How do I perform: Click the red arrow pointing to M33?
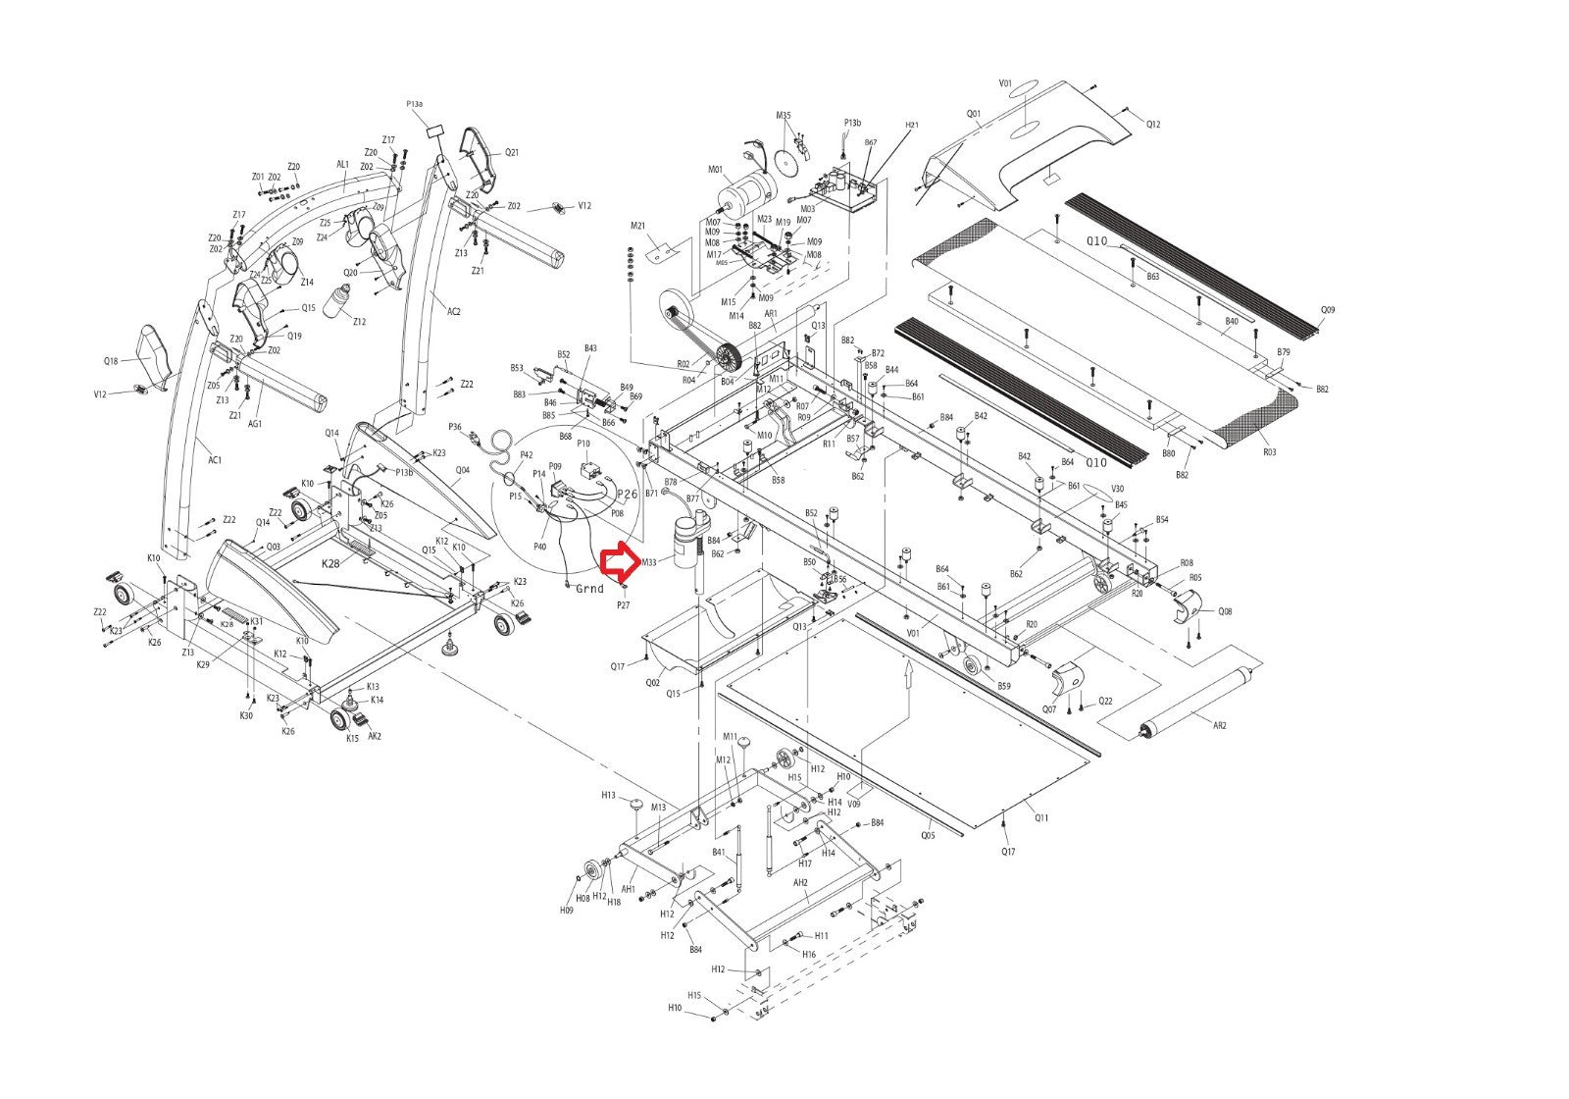tap(620, 562)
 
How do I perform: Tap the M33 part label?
tap(648, 563)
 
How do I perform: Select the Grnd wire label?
tap(589, 589)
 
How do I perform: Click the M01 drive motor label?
tap(715, 170)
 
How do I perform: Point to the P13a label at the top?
tap(415, 104)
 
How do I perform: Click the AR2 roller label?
tap(1220, 725)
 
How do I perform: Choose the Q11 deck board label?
tap(1041, 817)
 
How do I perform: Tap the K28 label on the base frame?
tap(330, 563)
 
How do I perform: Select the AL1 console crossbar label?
tap(343, 165)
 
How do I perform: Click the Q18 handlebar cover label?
tap(111, 361)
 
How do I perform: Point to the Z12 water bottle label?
tap(359, 322)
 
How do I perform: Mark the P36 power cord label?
tap(455, 427)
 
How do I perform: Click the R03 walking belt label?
tap(1269, 452)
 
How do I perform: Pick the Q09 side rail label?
tap(1328, 310)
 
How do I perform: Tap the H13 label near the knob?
tap(608, 795)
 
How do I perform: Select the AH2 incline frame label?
tap(800, 882)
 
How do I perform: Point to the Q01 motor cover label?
tap(973, 113)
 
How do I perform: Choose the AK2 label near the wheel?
tap(374, 736)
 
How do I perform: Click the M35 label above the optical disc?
tap(784, 116)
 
